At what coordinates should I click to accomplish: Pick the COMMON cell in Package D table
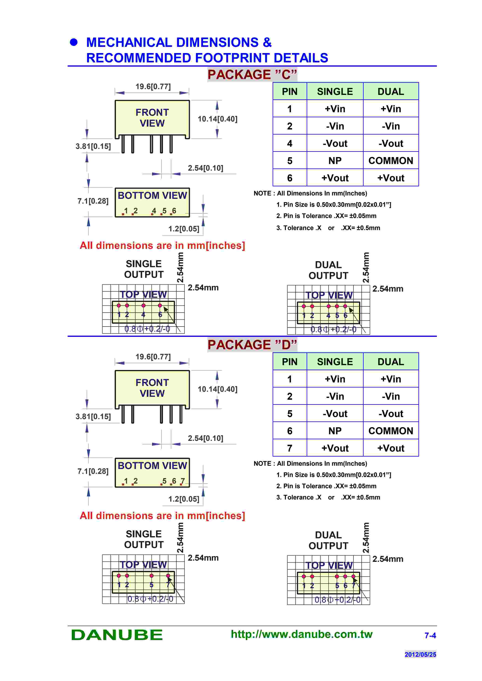(x=391, y=431)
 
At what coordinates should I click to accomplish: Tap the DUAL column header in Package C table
(x=391, y=91)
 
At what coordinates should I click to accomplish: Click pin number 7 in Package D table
(x=290, y=448)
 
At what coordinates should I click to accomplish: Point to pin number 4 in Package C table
(x=290, y=143)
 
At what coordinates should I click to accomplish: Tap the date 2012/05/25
(x=420, y=654)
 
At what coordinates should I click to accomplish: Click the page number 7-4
(x=430, y=636)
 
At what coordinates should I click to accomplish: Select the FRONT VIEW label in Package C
(x=152, y=118)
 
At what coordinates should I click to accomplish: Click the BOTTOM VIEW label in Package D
(x=152, y=466)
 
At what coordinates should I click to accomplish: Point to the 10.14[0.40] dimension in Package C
(x=217, y=119)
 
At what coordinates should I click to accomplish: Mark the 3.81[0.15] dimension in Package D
(x=93, y=416)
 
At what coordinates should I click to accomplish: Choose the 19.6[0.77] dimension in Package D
(x=153, y=357)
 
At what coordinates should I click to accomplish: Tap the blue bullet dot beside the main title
(x=74, y=42)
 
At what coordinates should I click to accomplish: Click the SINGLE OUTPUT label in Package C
(x=144, y=269)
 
